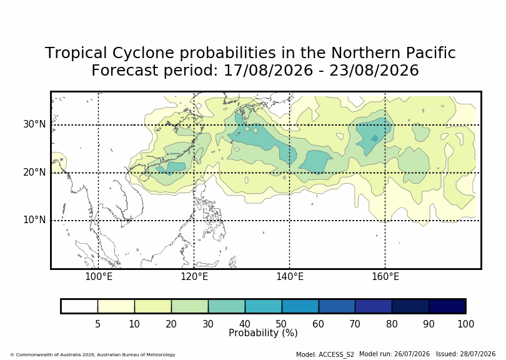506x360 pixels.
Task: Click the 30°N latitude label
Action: point(34,124)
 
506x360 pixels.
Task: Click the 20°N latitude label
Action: point(34,172)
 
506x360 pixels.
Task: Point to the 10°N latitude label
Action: point(34,220)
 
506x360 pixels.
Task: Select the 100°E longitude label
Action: point(99,277)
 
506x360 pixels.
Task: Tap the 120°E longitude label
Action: point(194,277)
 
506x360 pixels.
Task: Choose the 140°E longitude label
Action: point(289,277)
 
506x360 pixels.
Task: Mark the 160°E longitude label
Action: point(385,277)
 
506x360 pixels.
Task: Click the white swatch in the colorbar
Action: point(79,306)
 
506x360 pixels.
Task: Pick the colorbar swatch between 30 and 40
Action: point(227,306)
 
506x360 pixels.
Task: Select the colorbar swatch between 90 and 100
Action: point(447,306)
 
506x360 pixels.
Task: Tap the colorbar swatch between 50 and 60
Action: point(300,306)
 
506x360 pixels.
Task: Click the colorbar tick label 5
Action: point(98,324)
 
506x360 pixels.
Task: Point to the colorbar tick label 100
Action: point(465,324)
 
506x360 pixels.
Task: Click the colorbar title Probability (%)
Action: point(263,333)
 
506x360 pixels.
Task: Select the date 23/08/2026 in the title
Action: point(374,71)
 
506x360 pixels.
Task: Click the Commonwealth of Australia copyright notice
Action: point(93,354)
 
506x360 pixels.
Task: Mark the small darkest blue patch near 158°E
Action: point(375,138)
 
